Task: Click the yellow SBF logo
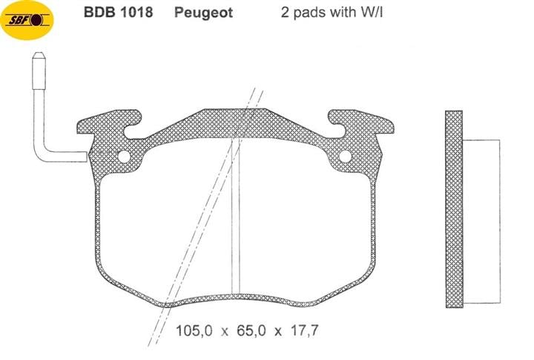point(27,20)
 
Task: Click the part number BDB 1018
point(118,13)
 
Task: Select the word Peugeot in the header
point(203,13)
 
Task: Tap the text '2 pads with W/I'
point(332,13)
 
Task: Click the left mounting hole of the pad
point(125,157)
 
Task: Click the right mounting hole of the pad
point(345,156)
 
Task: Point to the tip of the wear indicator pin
point(39,53)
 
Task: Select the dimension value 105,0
point(194,330)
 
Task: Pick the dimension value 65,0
point(251,330)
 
